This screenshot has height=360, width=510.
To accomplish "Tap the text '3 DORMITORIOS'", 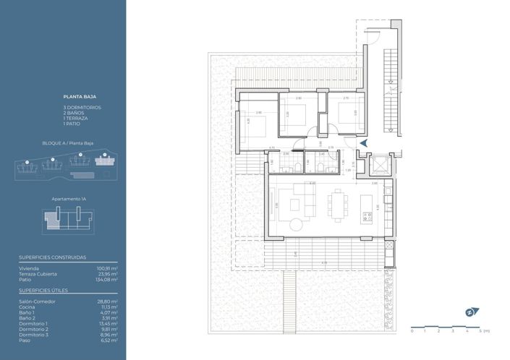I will (82, 107).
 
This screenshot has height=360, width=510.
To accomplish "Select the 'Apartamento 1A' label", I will (71, 198).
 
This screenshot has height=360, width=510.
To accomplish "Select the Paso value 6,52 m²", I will (109, 340).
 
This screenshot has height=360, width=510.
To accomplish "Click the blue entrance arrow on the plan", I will (364, 143).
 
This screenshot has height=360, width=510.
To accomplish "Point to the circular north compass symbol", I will (469, 313).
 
